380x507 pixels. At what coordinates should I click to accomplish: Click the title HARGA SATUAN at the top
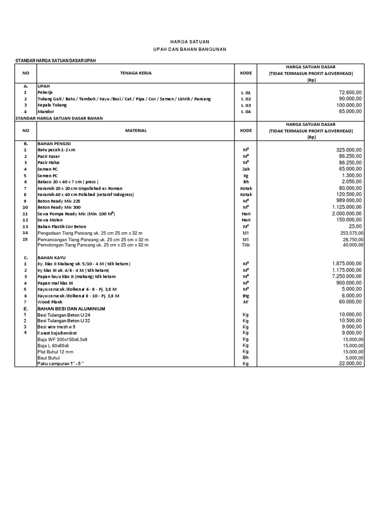[x=190, y=43]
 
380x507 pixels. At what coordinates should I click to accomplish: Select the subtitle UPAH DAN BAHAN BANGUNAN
[x=190, y=51]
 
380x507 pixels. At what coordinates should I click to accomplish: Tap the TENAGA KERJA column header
[x=136, y=73]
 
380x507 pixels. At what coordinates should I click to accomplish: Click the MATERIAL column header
[x=136, y=131]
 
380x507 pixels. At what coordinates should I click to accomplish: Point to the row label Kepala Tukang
[x=52, y=105]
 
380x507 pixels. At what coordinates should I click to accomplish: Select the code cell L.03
[x=246, y=105]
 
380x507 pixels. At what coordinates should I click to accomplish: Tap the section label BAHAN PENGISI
[x=55, y=143]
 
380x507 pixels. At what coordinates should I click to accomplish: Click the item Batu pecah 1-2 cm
[x=57, y=150]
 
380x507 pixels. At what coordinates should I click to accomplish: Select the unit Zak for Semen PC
[x=246, y=169]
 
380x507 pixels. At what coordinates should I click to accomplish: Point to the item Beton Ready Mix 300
[x=59, y=207]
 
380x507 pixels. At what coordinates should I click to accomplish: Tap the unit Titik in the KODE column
[x=246, y=245]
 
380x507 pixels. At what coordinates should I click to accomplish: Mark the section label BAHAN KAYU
[x=52, y=257]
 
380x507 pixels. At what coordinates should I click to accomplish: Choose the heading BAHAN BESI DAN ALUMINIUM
[x=71, y=308]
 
